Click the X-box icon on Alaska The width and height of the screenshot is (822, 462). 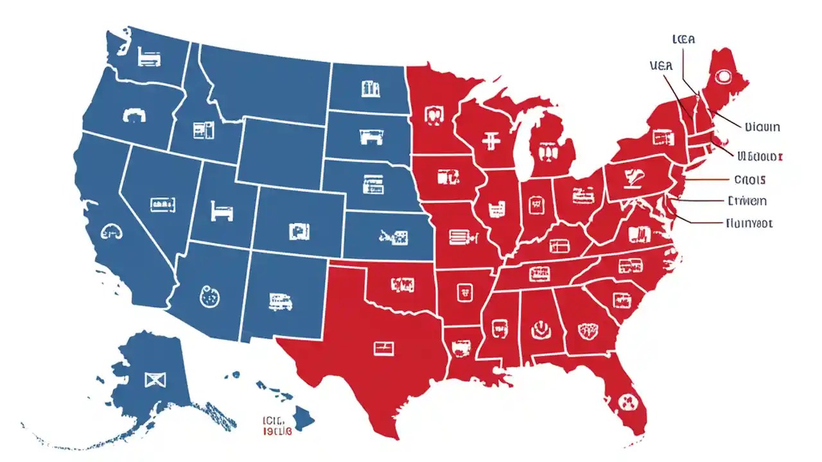[x=152, y=380]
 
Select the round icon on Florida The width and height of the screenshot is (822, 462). [x=626, y=403]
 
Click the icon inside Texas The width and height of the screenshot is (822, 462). [x=383, y=348]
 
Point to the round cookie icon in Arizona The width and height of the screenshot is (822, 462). [x=209, y=296]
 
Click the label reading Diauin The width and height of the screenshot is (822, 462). [x=762, y=127]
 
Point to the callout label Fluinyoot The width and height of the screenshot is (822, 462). [x=749, y=224]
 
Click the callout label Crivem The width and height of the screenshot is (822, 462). [x=748, y=201]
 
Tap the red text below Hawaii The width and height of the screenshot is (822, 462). [x=277, y=425]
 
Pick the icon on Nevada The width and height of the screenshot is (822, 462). [x=162, y=205]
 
